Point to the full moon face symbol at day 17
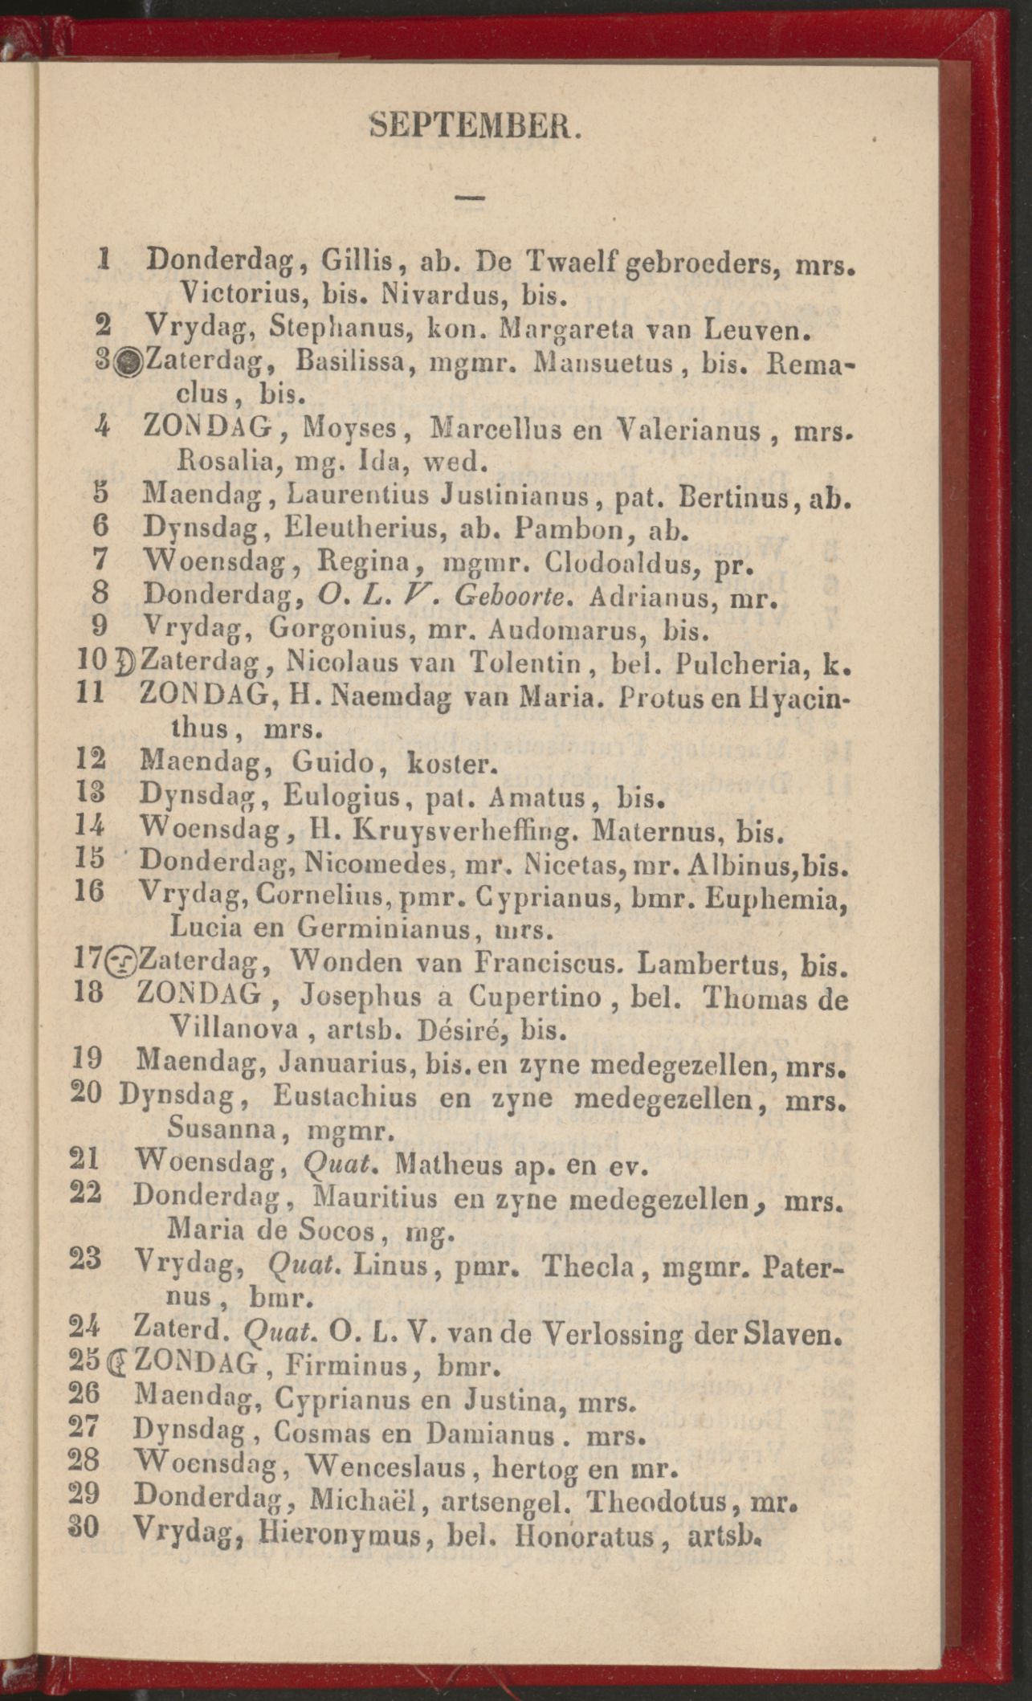tap(123, 961)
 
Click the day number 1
tap(102, 259)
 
